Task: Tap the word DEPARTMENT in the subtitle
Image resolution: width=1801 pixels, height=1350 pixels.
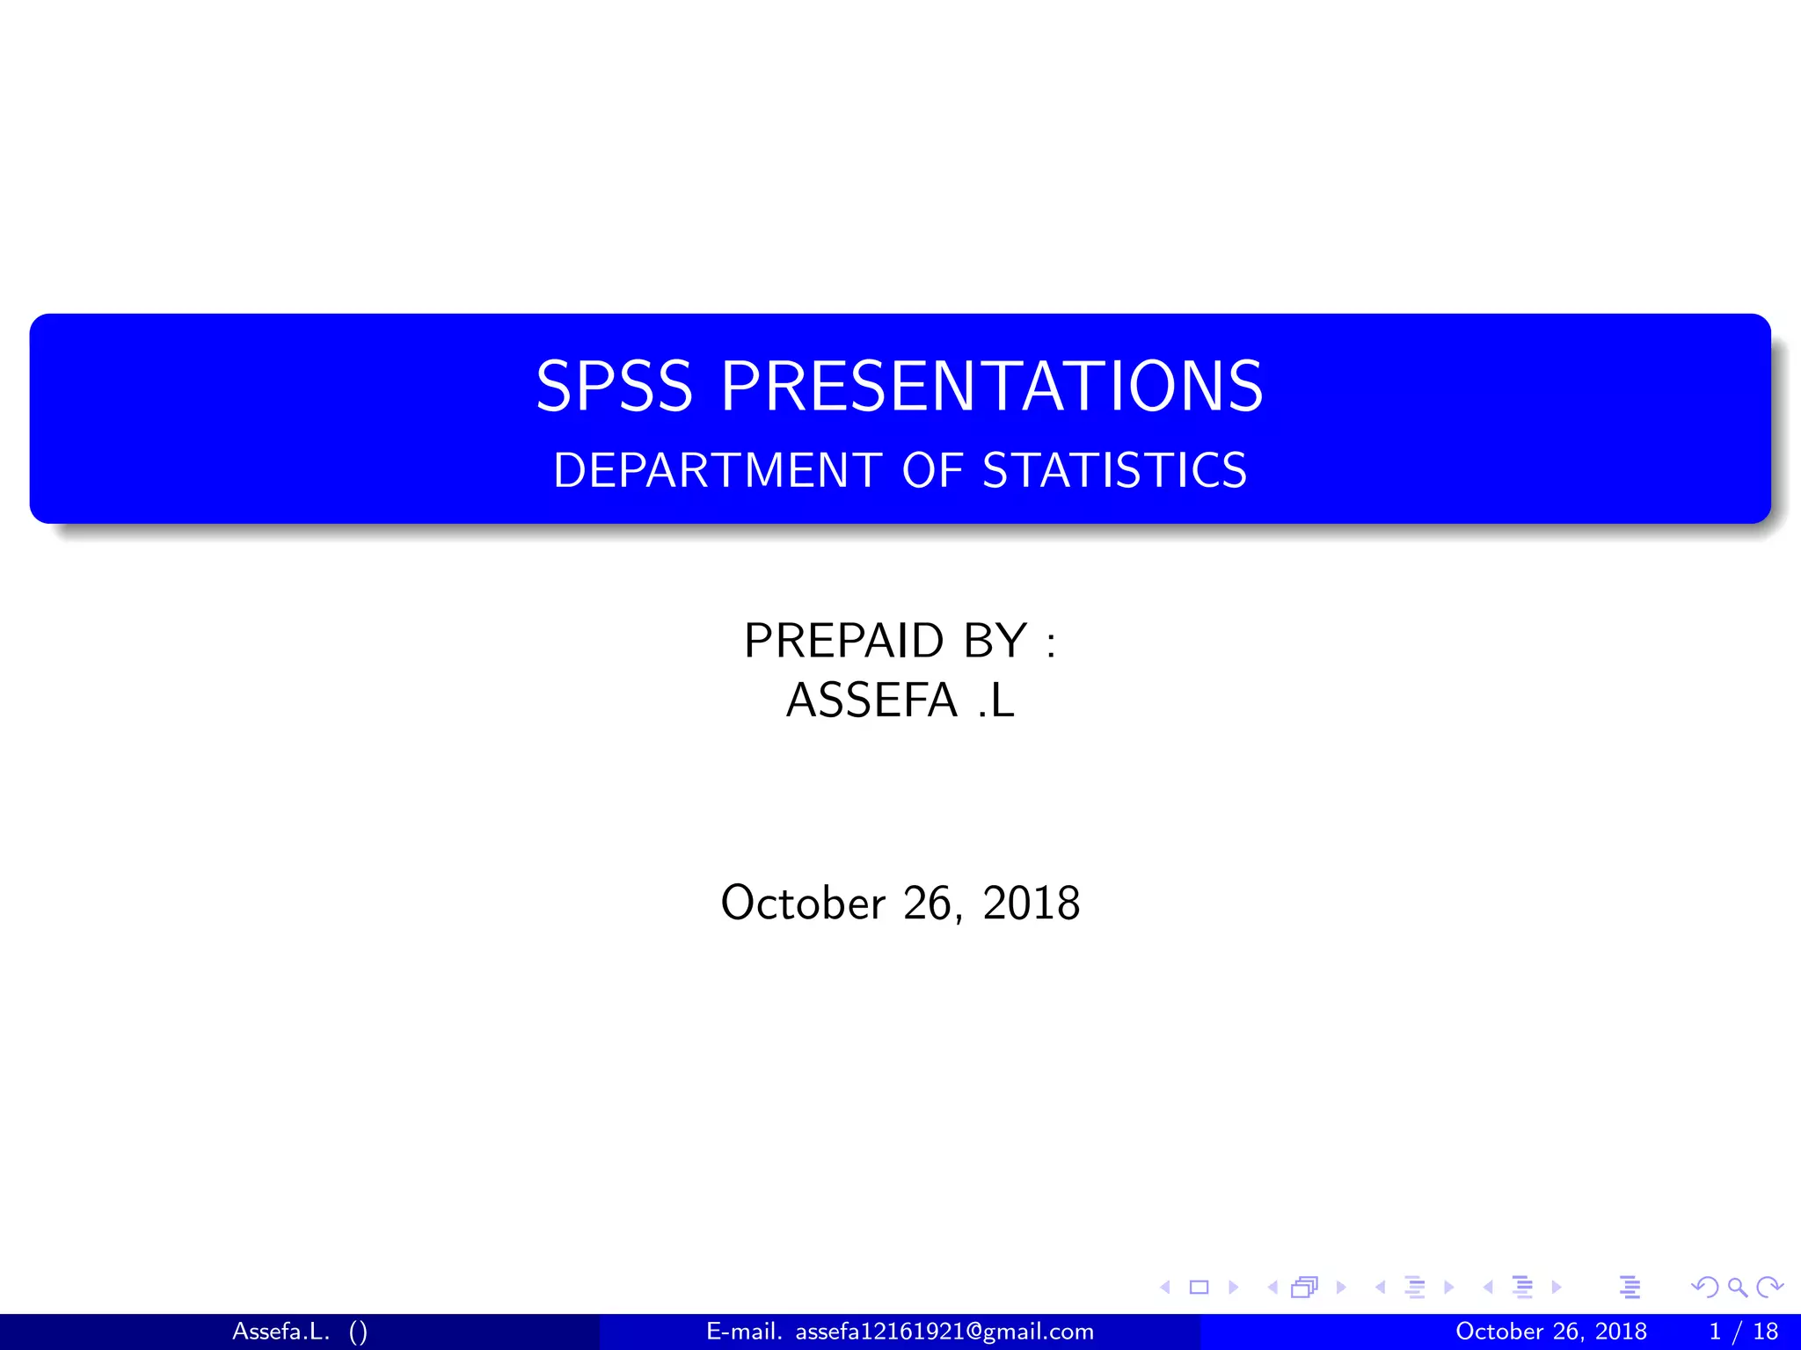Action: tap(717, 470)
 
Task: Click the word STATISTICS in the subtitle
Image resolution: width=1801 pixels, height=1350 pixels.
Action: tap(1114, 470)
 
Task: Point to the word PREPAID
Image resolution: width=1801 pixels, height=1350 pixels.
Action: tap(843, 640)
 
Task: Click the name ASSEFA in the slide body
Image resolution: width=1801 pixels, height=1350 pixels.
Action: tap(871, 700)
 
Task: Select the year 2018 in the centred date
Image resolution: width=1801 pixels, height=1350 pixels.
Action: tap(1031, 904)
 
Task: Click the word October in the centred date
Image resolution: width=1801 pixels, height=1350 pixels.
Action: tap(803, 904)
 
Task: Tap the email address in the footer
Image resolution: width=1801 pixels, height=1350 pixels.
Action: tap(944, 1332)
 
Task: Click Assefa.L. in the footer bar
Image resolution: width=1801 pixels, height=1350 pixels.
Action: tap(281, 1332)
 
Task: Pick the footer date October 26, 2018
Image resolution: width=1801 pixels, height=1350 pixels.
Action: tap(1550, 1332)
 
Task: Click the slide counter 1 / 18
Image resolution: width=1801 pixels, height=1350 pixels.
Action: tap(1743, 1332)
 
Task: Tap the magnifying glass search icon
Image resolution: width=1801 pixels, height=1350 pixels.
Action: tap(1737, 1288)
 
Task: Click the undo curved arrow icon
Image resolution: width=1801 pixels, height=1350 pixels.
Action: tap(1704, 1288)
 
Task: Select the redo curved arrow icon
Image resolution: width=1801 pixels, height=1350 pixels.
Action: tap(1768, 1288)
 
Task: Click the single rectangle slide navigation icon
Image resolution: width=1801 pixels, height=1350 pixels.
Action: tap(1199, 1288)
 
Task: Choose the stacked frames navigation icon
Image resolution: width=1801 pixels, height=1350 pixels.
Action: tap(1304, 1288)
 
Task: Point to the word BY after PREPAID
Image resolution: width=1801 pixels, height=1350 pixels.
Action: tap(995, 640)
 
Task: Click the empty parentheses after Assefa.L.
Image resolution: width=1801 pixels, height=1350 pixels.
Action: tap(358, 1332)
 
